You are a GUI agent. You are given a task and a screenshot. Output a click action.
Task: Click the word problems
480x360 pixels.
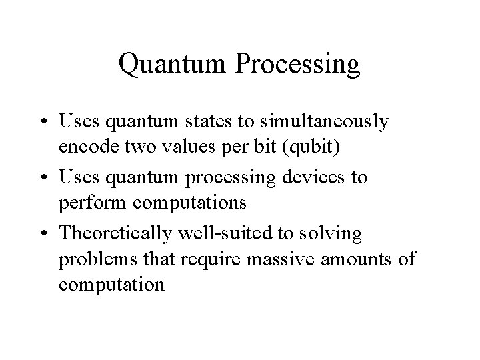pyautogui.click(x=91, y=258)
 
